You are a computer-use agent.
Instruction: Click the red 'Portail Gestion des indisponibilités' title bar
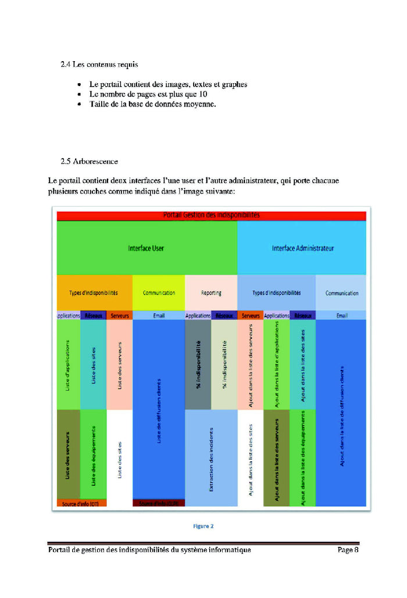(211, 215)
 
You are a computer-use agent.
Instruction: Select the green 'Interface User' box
(146, 248)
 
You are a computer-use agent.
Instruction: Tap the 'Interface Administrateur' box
(302, 248)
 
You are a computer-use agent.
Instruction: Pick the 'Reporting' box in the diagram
(211, 293)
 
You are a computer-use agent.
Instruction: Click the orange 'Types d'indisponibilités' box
(94, 293)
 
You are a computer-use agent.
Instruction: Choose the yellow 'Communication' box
(159, 293)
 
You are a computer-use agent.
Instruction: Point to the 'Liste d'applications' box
(68, 364)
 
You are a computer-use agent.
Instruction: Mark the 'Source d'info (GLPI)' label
(159, 503)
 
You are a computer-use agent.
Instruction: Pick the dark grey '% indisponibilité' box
(198, 364)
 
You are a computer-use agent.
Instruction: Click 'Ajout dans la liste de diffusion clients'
(341, 413)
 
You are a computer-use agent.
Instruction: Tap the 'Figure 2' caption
(203, 526)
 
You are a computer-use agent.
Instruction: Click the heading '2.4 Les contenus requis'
(99, 64)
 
